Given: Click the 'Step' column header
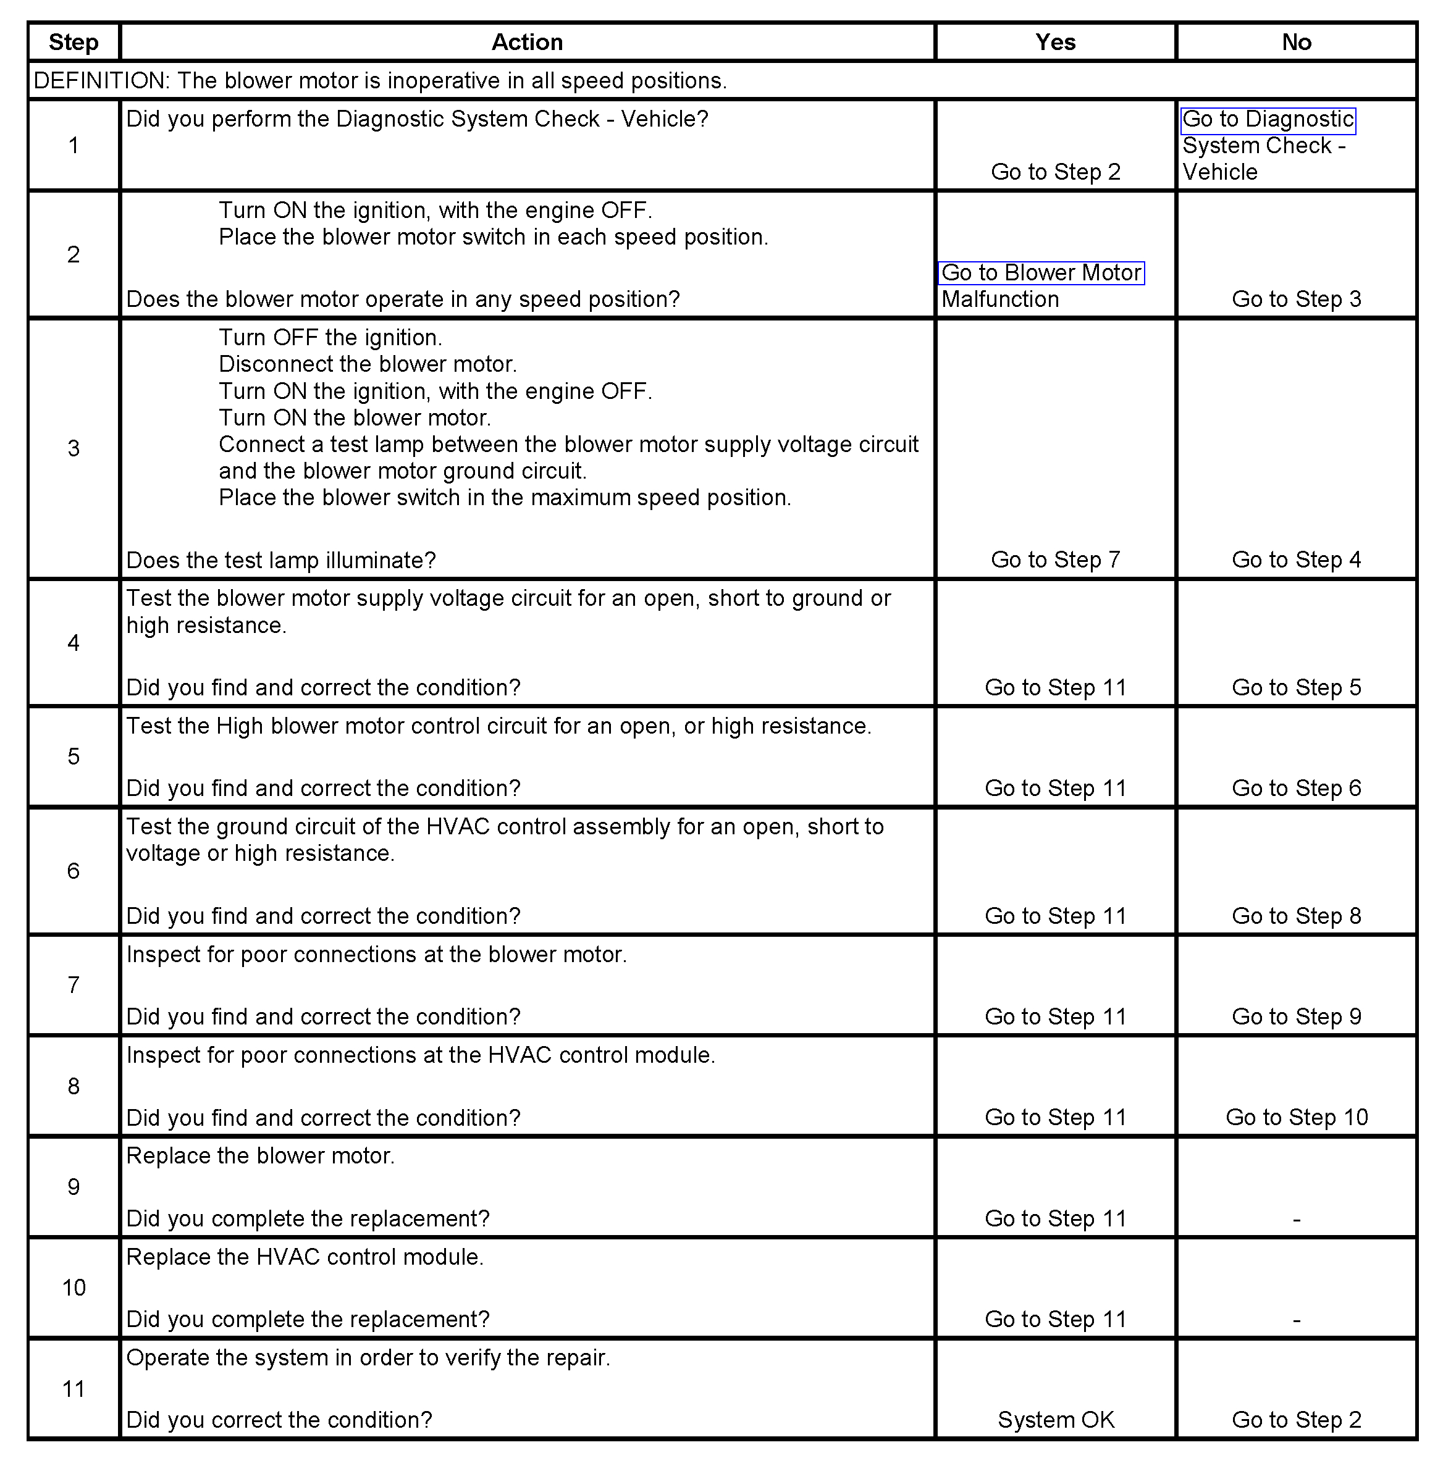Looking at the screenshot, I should click(74, 43).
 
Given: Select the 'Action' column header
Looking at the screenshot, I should click(527, 43).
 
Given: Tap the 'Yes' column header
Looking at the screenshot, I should click(1055, 43).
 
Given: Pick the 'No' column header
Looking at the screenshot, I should click(1296, 43).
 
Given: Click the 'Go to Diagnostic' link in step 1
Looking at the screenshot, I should click(1267, 120).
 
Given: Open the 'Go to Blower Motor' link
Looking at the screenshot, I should click(1041, 273).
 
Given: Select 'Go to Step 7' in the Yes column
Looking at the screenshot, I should click(1055, 560).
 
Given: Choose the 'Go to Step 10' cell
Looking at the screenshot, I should click(1296, 1118).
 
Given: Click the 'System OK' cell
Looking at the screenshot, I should click(1055, 1420).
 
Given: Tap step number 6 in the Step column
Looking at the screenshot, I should click(74, 871).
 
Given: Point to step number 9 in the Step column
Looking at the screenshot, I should click(74, 1187).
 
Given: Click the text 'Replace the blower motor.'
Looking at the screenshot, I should click(260, 1156).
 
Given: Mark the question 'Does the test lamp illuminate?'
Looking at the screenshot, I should click(280, 561).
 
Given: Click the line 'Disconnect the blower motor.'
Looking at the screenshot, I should click(368, 364).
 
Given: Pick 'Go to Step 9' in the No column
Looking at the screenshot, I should click(1296, 1016).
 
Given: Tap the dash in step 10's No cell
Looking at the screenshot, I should click(1296, 1320).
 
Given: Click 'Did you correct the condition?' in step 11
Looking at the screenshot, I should click(279, 1420).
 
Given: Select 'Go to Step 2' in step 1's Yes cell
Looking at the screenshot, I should click(1055, 172).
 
